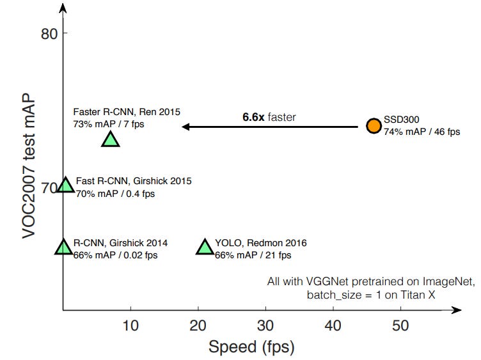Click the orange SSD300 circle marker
[374, 125]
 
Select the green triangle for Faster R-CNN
[111, 139]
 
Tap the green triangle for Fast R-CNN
[65, 185]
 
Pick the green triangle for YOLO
[205, 247]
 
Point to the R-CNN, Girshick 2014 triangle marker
[63, 247]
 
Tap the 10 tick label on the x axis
[130, 325]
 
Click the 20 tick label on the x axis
[198, 325]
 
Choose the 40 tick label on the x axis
[333, 325]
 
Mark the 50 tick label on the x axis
[401, 325]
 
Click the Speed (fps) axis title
[251, 347]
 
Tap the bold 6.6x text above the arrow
[254, 117]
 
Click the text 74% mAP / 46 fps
[422, 132]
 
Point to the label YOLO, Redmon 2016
[261, 243]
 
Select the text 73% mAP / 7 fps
[109, 123]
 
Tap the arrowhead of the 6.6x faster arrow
[185, 127]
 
